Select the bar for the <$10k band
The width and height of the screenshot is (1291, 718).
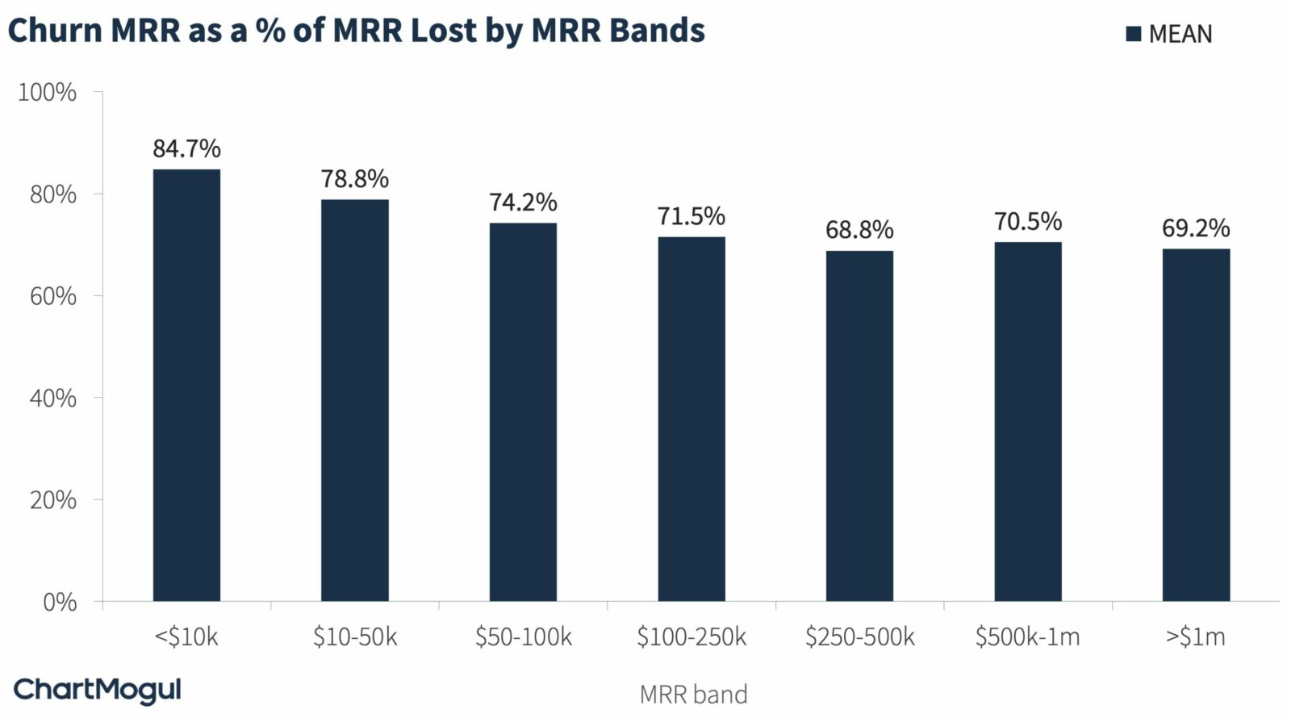click(186, 386)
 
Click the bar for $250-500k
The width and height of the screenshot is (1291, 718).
click(859, 426)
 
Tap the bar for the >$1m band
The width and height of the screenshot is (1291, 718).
click(1196, 425)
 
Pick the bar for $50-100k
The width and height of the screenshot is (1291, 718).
click(523, 412)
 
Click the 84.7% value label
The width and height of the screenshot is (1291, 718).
click(186, 148)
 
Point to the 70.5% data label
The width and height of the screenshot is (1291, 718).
click(1028, 221)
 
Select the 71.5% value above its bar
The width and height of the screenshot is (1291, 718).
click(691, 216)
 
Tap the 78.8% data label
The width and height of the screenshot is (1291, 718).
click(355, 178)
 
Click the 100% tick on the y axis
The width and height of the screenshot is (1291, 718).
click(48, 93)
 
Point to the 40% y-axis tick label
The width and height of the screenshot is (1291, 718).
click(53, 398)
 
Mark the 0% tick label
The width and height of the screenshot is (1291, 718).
click(60, 602)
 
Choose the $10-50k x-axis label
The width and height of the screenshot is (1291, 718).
click(355, 637)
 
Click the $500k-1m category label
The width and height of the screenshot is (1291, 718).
click(1027, 637)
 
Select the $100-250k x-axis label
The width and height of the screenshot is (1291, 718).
click(691, 637)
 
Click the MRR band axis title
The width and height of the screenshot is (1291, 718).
click(693, 695)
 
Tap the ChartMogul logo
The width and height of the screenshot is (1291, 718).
click(98, 691)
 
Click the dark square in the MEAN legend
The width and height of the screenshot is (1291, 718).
click(1134, 34)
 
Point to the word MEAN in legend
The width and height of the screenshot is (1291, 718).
click(1180, 34)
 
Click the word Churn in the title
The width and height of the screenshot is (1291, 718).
click(55, 30)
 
